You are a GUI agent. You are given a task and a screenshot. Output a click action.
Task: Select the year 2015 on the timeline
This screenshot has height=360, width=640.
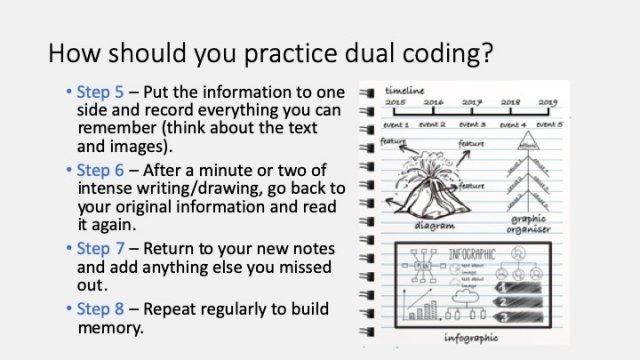pos(397,103)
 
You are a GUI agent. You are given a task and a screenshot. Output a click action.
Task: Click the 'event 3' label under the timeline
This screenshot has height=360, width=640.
pos(472,125)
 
